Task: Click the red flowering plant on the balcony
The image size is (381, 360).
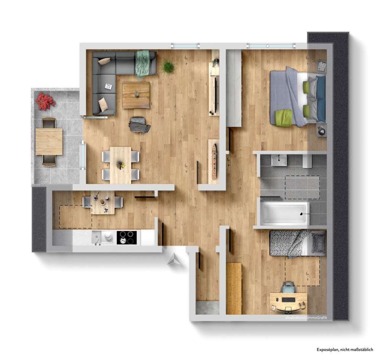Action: tap(46, 100)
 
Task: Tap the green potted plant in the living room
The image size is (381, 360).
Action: tap(168, 67)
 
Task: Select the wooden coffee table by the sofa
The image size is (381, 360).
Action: tap(136, 95)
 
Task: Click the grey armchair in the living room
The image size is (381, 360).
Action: tap(139, 125)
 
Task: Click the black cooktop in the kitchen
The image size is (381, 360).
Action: tap(127, 237)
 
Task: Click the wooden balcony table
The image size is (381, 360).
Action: tap(49, 141)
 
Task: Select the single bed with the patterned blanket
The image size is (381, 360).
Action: tap(297, 243)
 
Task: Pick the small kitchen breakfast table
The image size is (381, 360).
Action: tap(103, 203)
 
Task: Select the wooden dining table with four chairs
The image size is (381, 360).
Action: tap(120, 165)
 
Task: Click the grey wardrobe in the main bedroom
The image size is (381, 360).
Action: tap(234, 88)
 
